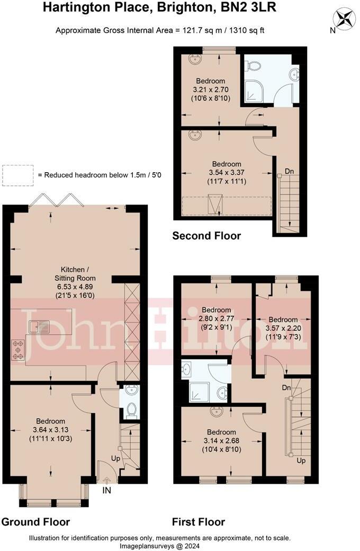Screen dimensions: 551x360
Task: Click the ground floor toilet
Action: [x=132, y=410]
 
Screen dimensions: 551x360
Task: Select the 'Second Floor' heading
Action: [x=206, y=236]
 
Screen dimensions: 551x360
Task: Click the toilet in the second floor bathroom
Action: [x=254, y=66]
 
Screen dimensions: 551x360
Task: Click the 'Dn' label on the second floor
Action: [x=290, y=171]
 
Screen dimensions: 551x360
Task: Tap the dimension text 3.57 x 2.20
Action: [x=282, y=328]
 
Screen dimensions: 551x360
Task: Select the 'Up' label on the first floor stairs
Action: [x=301, y=460]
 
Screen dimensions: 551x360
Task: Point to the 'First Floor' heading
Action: [x=199, y=521]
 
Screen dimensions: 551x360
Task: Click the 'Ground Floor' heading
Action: [x=35, y=521]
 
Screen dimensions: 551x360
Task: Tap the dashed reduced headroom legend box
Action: [x=18, y=174]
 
